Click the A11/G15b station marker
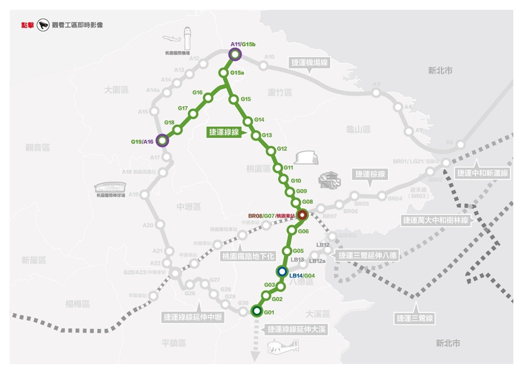point(235,54)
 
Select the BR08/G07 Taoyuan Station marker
point(302,215)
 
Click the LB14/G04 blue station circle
point(282,271)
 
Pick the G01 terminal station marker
point(256,310)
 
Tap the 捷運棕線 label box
point(370,174)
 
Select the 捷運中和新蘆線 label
point(483,173)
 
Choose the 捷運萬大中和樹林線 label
point(435,219)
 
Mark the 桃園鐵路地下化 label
point(247,256)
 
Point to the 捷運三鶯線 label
point(414,318)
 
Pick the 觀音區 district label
point(38,147)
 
